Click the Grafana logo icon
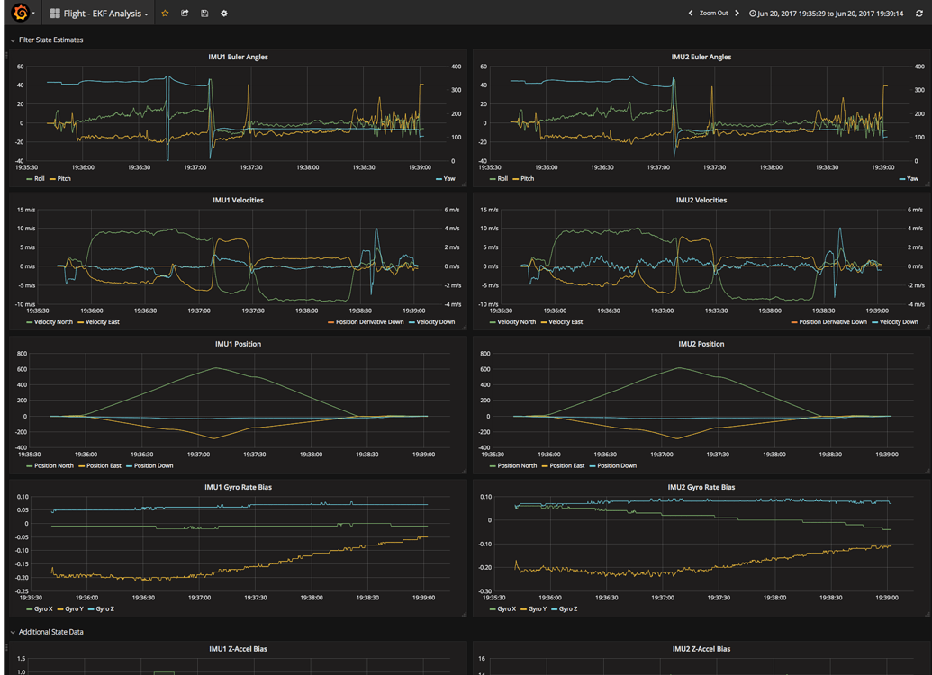[20, 13]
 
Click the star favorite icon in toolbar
[165, 13]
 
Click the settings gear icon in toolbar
[224, 13]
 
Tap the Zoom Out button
[713, 13]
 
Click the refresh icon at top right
[919, 13]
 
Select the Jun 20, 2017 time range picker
[830, 13]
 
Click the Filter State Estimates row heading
[50, 40]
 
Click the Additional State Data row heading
[50, 632]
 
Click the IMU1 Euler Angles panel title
[238, 57]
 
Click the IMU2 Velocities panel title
[701, 200]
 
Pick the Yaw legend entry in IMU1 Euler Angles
[448, 179]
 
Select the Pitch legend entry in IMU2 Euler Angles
[527, 179]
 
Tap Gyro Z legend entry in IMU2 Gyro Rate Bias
[567, 609]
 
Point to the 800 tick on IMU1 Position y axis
[22, 354]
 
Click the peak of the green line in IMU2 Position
[679, 367]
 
